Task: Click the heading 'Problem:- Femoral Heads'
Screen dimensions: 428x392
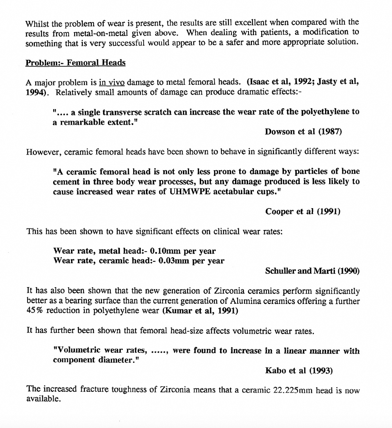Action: pyautogui.click(x=75, y=63)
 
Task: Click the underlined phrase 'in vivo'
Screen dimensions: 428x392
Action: pyautogui.click(x=112, y=82)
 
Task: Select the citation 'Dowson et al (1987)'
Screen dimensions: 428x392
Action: pyautogui.click(x=303, y=132)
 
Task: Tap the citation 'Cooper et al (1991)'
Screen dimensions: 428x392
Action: pyautogui.click(x=303, y=211)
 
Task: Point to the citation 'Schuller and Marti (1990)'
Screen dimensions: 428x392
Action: pyautogui.click(x=312, y=271)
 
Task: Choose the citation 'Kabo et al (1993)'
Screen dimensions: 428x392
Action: pyautogui.click(x=299, y=370)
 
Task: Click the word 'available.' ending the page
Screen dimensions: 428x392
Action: pyautogui.click(x=43, y=399)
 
